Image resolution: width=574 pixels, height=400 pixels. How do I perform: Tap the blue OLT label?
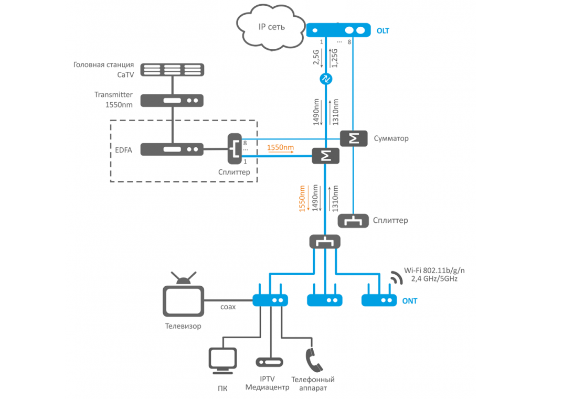[382, 31]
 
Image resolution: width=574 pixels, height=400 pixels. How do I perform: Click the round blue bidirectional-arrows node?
[326, 79]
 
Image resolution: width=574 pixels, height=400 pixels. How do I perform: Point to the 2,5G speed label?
[315, 57]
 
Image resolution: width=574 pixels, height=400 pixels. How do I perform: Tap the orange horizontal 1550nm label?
[280, 148]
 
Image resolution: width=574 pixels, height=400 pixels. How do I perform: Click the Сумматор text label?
[391, 139]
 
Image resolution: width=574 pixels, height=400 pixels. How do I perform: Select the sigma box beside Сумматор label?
[354, 138]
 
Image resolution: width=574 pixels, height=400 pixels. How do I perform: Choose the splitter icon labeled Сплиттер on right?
[352, 221]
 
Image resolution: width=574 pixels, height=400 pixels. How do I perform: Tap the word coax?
[227, 307]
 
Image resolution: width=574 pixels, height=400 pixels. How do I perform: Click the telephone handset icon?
[313, 360]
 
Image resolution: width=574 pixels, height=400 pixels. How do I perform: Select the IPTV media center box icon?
[269, 362]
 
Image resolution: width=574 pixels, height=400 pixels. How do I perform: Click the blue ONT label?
[410, 301]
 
